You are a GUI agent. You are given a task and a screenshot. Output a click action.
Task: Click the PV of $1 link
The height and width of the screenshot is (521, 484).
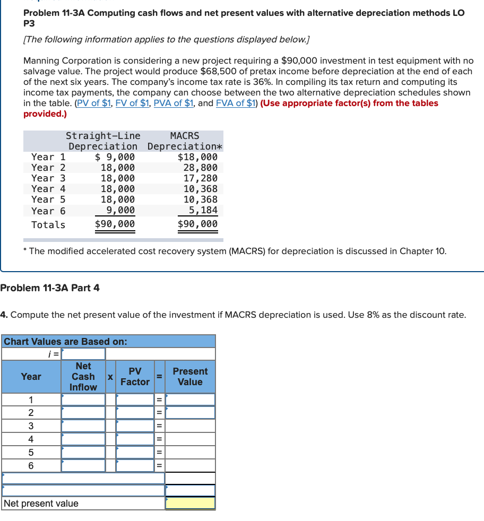[94, 103]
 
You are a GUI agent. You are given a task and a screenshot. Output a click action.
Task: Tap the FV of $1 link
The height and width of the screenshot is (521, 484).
[132, 103]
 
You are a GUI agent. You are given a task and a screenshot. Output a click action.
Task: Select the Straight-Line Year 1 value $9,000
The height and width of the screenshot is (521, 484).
[115, 157]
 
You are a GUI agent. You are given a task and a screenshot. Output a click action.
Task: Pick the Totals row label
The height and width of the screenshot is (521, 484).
[48, 225]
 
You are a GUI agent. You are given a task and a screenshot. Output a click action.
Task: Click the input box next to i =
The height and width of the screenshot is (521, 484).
[83, 354]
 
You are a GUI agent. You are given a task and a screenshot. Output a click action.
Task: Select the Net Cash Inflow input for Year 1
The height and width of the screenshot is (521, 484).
[83, 400]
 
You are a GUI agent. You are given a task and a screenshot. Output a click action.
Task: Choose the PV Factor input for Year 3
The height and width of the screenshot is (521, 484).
[135, 426]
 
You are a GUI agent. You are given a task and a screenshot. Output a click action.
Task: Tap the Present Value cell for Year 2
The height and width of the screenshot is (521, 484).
[190, 413]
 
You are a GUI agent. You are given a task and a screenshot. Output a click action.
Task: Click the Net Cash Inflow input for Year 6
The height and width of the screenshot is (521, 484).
[83, 466]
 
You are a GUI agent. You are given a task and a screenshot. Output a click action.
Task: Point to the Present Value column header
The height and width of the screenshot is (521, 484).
[190, 377]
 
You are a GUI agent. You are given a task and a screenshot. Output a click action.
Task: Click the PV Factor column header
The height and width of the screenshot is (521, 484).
[135, 377]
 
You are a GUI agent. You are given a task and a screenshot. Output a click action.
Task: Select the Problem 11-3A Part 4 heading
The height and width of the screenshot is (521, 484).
[50, 288]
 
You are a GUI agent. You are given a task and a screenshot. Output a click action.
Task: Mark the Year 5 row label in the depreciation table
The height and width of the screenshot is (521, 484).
[48, 199]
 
